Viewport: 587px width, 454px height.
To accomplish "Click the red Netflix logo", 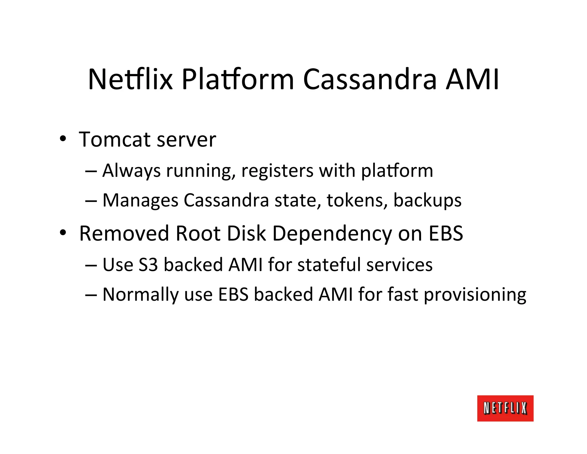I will coord(505,408).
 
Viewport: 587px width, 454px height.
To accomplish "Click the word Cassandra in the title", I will coord(370,79).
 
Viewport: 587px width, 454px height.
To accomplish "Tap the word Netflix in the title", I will coord(130,79).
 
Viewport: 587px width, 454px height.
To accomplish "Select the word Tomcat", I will coord(115,140).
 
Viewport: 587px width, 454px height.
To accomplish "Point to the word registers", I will coord(277,171).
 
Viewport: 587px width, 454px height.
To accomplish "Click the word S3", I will coord(148,265).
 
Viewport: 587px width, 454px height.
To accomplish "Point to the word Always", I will coord(131,171).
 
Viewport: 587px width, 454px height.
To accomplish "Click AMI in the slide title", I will coord(472,79).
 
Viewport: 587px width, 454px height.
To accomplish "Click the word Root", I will coord(198,233).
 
